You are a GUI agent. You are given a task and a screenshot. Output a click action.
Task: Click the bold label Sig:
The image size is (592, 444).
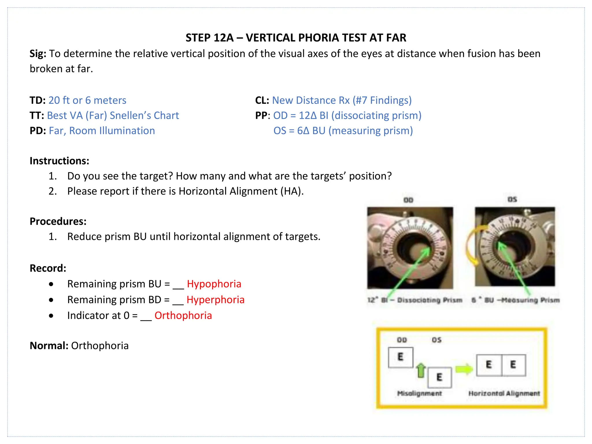pos(38,54)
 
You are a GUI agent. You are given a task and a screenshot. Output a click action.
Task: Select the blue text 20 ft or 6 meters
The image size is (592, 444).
pos(87,100)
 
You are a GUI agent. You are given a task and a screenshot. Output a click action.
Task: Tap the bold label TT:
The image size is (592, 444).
pos(37,116)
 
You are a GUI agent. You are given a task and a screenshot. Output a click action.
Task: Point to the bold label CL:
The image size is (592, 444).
pos(262,100)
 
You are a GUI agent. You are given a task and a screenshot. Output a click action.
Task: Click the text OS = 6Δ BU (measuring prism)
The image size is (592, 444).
pos(343,131)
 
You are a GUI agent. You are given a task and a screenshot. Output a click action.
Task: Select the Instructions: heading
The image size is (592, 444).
pos(59,161)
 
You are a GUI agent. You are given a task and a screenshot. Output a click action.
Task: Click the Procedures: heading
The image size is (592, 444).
pos(58,221)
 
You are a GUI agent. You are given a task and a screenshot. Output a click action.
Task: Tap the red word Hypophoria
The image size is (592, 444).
pos(214,284)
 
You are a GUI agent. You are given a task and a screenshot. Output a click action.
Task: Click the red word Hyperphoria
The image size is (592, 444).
pos(215,300)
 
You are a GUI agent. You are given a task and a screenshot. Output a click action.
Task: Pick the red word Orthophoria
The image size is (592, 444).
pos(183,315)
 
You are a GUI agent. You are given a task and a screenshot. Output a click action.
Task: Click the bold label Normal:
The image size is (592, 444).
pos(49,346)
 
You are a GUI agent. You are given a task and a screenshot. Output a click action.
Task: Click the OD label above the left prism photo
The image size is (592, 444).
pos(408,200)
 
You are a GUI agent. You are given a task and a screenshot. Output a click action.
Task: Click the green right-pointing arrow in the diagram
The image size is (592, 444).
pos(464,369)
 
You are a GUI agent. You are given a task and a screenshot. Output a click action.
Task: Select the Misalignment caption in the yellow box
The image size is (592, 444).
pos(419,393)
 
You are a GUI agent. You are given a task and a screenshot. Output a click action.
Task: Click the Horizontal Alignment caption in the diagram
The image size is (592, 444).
pos(504,393)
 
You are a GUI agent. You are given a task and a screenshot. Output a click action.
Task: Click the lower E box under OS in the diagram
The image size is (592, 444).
pos(439,377)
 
